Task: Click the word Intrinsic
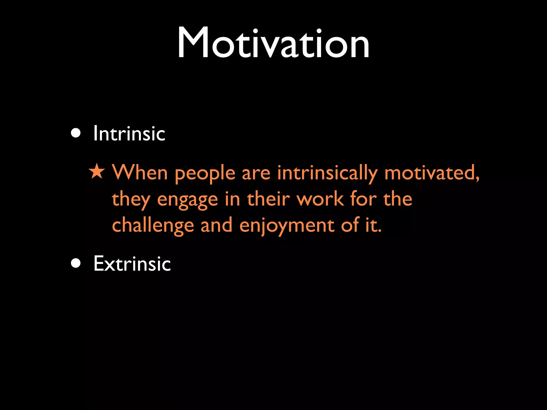(129, 133)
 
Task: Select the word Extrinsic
(132, 264)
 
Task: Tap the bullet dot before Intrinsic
(76, 133)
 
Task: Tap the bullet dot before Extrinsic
(76, 263)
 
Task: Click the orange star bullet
(97, 172)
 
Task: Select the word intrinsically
(327, 174)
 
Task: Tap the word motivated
(432, 173)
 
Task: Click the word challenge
(153, 226)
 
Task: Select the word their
(268, 199)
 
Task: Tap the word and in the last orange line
(216, 225)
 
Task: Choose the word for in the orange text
(363, 199)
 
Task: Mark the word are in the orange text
(256, 174)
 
